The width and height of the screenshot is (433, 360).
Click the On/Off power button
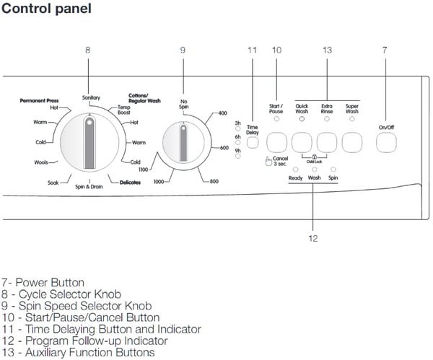386,143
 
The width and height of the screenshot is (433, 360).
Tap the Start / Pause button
276,141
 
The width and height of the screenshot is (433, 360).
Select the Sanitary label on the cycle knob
91,97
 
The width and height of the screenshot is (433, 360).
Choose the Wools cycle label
41,162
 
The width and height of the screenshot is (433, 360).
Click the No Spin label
184,104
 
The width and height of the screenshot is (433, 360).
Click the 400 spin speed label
222,114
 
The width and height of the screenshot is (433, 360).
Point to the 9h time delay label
237,150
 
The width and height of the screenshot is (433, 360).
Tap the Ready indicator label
295,177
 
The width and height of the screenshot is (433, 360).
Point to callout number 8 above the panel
87,51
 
